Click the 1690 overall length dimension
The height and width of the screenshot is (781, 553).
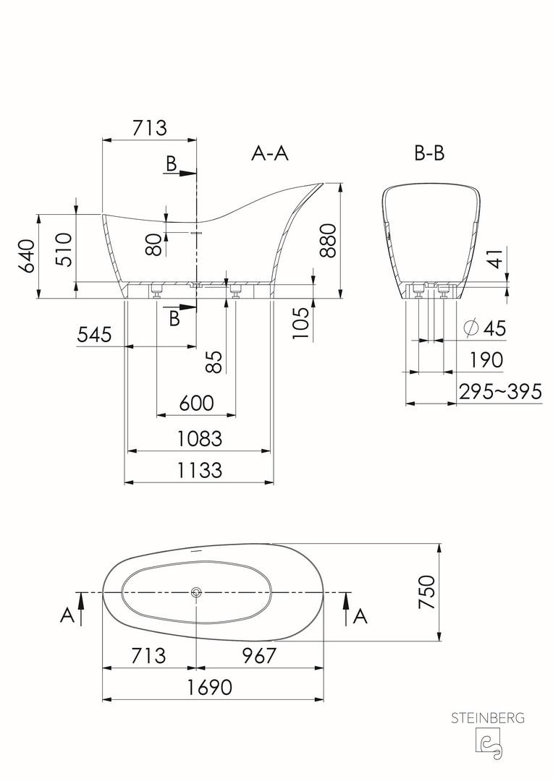210,688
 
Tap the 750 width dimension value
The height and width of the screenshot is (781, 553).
427,592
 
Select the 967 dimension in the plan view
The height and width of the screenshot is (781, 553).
259,655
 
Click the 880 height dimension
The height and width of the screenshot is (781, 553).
328,241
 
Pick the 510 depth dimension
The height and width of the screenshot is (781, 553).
64,249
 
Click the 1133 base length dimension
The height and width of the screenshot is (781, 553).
200,470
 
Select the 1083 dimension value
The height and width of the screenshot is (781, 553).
200,439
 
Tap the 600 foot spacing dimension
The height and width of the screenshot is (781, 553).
196,403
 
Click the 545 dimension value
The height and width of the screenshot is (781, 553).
94,334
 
